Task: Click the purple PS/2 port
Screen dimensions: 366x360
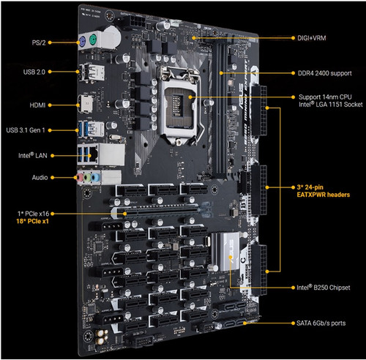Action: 82,41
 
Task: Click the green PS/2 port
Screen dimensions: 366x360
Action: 93,39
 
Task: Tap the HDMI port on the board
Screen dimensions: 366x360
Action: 86,104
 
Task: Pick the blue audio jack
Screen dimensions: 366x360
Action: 96,177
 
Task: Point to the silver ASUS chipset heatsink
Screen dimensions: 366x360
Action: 225,252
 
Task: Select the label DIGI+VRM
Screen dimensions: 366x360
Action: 312,38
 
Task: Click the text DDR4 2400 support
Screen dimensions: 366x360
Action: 324,73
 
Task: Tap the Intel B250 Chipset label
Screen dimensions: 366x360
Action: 324,288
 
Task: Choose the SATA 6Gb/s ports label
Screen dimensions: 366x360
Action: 321,323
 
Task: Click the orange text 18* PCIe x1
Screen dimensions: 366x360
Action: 32,221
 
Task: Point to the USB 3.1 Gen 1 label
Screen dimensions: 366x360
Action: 26,130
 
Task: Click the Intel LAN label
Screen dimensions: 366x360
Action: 33,156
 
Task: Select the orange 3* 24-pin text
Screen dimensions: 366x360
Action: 310,187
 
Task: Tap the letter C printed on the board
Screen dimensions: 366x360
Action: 243,260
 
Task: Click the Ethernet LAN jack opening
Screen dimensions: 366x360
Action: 94,154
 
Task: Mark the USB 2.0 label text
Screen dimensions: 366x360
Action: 34,72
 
